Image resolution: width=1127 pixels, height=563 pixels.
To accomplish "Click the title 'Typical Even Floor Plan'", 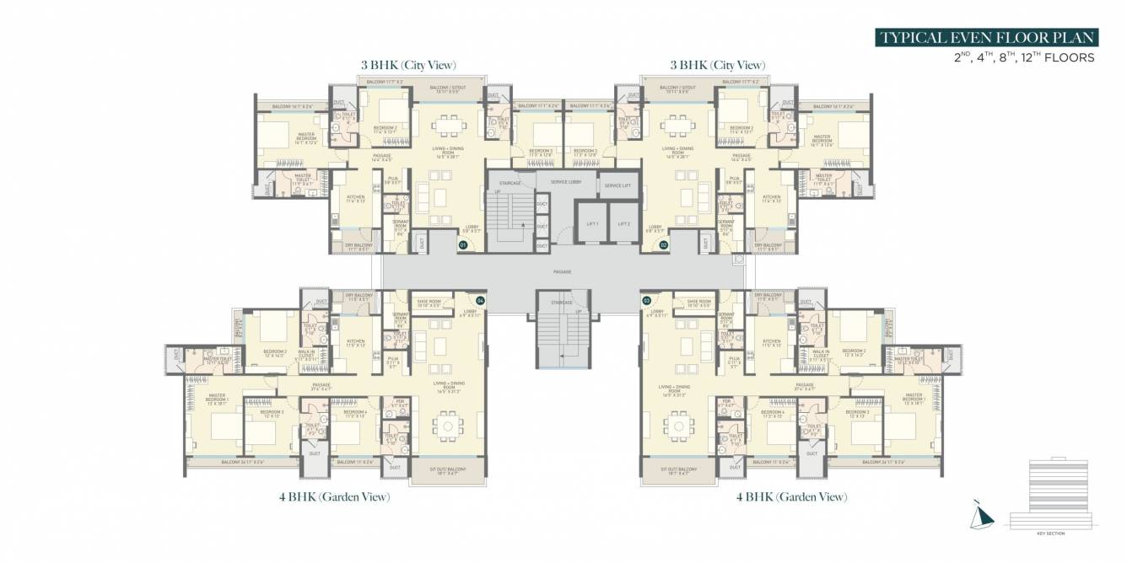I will (987, 38).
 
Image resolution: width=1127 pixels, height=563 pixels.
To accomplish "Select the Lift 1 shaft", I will (591, 224).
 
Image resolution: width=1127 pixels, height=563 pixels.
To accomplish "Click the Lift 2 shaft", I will (623, 224).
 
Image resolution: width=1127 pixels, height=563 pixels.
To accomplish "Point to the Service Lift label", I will (617, 185).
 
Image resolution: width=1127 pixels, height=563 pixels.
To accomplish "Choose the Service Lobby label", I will (565, 182).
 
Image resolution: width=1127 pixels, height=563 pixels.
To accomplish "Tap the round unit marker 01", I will (463, 244).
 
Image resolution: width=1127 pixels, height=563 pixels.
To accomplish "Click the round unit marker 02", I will (664, 244).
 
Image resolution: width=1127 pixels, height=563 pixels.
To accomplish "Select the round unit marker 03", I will (647, 300).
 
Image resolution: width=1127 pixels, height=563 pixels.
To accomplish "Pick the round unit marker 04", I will (480, 300).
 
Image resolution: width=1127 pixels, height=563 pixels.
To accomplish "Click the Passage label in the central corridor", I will (563, 272).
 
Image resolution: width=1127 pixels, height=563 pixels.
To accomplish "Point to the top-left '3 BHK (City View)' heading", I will (407, 65).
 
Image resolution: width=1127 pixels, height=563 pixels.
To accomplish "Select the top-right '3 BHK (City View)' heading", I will (717, 65).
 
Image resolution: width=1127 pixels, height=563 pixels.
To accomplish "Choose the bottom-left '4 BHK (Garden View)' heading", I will (334, 497).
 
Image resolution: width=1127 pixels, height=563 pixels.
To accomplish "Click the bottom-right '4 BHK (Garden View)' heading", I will (791, 497).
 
